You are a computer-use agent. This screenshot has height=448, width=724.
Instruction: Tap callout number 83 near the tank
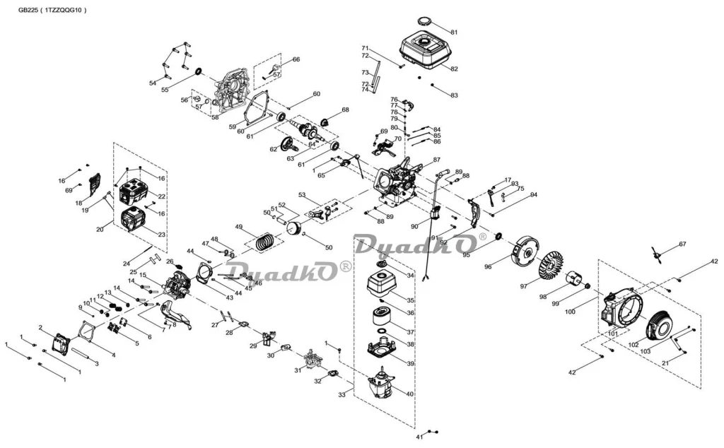pyautogui.click(x=454, y=95)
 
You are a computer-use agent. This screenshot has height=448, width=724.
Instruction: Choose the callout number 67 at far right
pyautogui.click(x=682, y=244)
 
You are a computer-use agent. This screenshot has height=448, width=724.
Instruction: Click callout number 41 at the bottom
pyautogui.click(x=419, y=437)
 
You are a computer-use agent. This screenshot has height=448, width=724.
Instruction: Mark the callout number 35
pyautogui.click(x=411, y=300)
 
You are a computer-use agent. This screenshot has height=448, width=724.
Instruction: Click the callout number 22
pyautogui.click(x=162, y=196)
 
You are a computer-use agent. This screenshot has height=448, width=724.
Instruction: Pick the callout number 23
pyautogui.click(x=162, y=235)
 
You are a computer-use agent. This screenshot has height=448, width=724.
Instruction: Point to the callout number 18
pyautogui.click(x=78, y=203)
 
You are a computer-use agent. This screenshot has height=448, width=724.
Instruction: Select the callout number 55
pyautogui.click(x=165, y=90)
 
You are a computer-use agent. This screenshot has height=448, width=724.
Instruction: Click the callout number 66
pyautogui.click(x=296, y=59)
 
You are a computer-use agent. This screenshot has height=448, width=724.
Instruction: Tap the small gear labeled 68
pyautogui.click(x=328, y=121)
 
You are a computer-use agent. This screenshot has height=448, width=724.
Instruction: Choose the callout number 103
pyautogui.click(x=645, y=351)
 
